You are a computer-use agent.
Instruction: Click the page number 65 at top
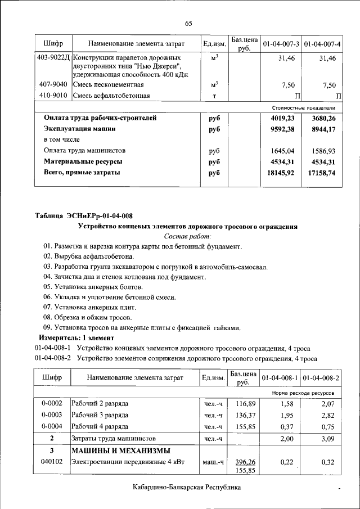pyautogui.click(x=188, y=23)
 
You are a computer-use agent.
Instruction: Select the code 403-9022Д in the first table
pyautogui.click(x=52, y=58)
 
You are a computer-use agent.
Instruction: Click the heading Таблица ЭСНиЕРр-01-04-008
pyautogui.click(x=84, y=216)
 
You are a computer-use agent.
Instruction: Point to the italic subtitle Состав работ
pyautogui.click(x=187, y=236)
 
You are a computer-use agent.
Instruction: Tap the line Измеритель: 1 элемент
pyautogui.click(x=76, y=337)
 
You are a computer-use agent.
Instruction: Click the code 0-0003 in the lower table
pyautogui.click(x=52, y=415)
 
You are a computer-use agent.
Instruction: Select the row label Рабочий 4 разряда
pyautogui.click(x=100, y=426)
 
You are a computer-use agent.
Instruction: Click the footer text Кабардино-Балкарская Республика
pyautogui.click(x=187, y=488)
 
